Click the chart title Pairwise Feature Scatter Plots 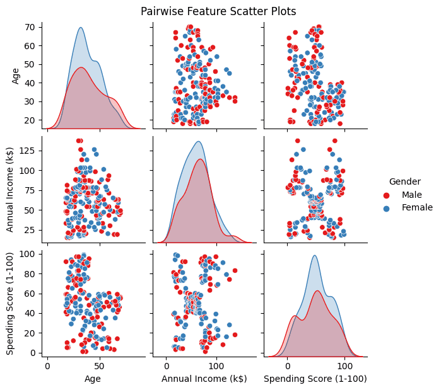(x=218, y=11)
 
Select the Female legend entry (x=416, y=207)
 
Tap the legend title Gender (x=404, y=181)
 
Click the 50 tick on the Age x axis (x=98, y=365)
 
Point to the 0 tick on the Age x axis (x=47, y=365)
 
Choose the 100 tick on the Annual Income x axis (x=216, y=365)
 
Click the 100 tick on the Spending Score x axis (x=344, y=365)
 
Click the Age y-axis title (x=16, y=75)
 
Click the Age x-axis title (x=93, y=379)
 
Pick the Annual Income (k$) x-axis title (x=204, y=379)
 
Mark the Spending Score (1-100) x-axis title (x=315, y=379)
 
